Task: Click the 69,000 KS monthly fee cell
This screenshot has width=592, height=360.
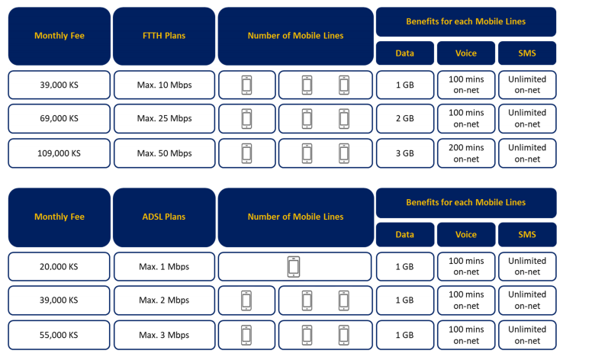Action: (x=60, y=118)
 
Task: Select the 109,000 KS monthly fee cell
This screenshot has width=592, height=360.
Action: (x=60, y=153)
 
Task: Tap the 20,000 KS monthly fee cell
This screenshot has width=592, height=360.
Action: (x=59, y=267)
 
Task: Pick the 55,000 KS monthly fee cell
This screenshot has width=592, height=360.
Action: (x=59, y=335)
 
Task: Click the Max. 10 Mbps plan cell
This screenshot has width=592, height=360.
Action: (x=164, y=85)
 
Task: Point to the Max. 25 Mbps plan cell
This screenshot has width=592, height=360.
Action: (x=164, y=118)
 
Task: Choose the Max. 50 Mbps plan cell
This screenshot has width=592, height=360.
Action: (x=164, y=153)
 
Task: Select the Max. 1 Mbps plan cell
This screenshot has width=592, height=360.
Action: (x=164, y=267)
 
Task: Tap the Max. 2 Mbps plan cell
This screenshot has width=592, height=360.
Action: (x=164, y=301)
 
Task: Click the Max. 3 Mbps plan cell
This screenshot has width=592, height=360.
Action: (x=164, y=335)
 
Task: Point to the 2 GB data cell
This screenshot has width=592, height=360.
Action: (x=405, y=118)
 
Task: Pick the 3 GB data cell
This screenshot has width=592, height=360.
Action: (x=405, y=153)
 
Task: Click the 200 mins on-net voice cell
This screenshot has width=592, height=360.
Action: (x=466, y=153)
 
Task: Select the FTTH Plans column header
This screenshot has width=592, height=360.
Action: (x=164, y=36)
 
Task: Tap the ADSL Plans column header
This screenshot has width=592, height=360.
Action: (x=164, y=217)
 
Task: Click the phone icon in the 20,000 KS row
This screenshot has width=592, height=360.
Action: (x=294, y=267)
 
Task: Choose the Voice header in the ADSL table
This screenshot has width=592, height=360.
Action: (x=466, y=234)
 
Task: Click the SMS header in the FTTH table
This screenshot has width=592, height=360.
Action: (x=527, y=53)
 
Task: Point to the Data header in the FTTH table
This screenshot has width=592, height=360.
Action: (x=405, y=53)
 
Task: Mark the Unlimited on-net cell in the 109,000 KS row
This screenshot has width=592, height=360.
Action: (x=527, y=153)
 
